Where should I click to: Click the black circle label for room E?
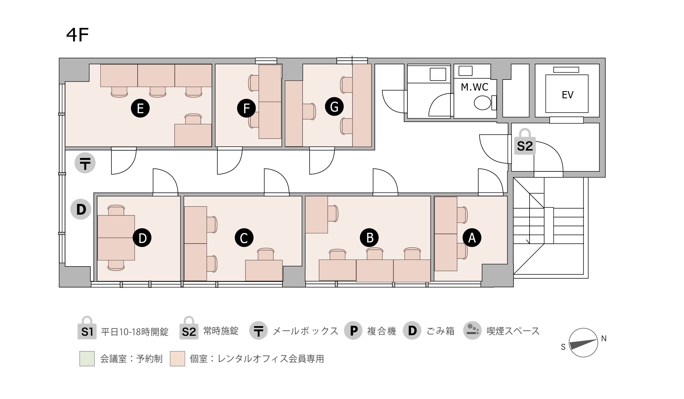(140, 108)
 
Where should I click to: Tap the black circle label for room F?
(246, 108)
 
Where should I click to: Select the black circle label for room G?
(334, 107)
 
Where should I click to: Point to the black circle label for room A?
(472, 237)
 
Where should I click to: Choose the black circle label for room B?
(369, 237)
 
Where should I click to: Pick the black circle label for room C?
(244, 237)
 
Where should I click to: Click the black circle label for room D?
(142, 237)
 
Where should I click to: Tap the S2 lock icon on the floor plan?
(525, 141)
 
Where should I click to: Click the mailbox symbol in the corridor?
(85, 163)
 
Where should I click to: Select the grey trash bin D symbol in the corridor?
(81, 209)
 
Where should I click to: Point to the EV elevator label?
(568, 95)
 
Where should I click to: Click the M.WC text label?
(474, 87)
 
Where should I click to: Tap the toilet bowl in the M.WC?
(482, 103)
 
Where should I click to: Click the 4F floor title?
(78, 35)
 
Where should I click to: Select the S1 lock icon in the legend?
(87, 328)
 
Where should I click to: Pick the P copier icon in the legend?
(353, 331)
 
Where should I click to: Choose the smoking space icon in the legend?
(472, 331)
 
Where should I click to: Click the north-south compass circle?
(583, 343)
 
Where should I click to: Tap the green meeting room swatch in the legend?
(87, 359)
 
